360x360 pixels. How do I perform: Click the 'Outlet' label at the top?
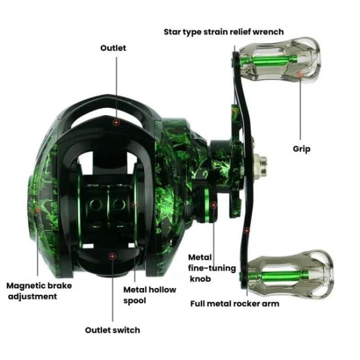click(113, 48)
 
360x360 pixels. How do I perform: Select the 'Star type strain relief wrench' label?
click(223, 31)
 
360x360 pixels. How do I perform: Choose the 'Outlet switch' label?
click(113, 330)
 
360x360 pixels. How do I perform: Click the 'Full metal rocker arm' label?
click(235, 303)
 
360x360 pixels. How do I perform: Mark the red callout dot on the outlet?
click(116, 122)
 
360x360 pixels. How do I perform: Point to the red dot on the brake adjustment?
click(37, 210)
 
